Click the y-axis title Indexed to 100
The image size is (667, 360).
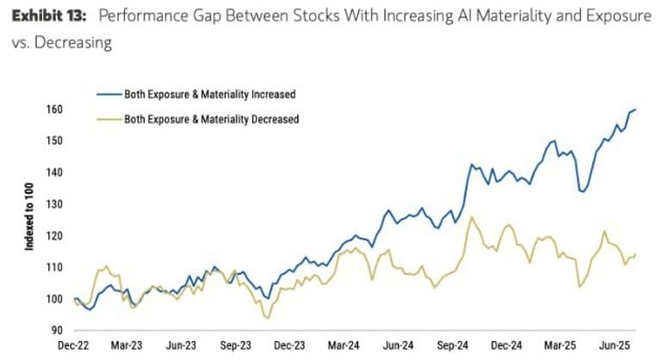(29, 220)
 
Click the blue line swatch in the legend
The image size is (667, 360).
(106, 93)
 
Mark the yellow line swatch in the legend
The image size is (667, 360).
(106, 119)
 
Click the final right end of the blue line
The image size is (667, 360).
(636, 109)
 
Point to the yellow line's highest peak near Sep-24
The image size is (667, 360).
(470, 217)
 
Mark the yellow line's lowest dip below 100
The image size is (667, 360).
(269, 319)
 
